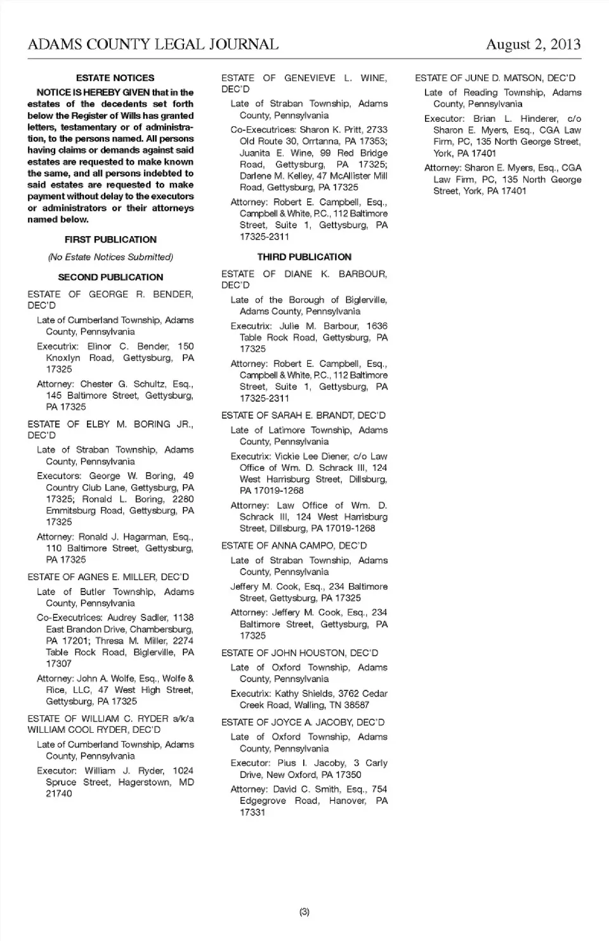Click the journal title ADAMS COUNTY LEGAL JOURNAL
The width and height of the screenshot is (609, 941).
pos(153,44)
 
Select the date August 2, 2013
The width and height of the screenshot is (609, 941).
pos(533,44)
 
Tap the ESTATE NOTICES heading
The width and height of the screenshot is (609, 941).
pos(115,78)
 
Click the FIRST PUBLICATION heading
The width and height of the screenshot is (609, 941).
pos(110,239)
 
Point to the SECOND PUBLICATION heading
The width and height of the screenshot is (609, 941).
pos(110,277)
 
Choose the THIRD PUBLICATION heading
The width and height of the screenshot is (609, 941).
pos(304,257)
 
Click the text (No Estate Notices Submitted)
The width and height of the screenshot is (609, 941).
pos(110,257)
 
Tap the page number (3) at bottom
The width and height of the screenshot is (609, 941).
pos(304,912)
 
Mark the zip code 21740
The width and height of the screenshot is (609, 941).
pos(59,794)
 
